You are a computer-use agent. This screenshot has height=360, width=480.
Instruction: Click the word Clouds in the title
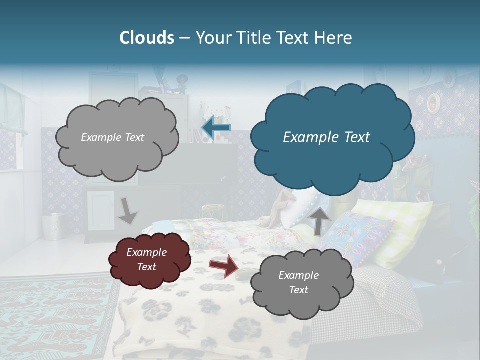[x=146, y=38]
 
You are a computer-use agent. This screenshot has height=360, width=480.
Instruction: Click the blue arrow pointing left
[x=216, y=128]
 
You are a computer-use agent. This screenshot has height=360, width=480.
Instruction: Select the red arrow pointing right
[x=223, y=266]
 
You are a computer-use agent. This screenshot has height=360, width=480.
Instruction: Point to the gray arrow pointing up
[x=320, y=220]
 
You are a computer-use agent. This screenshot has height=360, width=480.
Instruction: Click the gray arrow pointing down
[x=127, y=211]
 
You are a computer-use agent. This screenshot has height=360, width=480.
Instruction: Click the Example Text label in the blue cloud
[x=326, y=137]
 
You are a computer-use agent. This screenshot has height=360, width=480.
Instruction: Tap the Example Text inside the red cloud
[x=146, y=259]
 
